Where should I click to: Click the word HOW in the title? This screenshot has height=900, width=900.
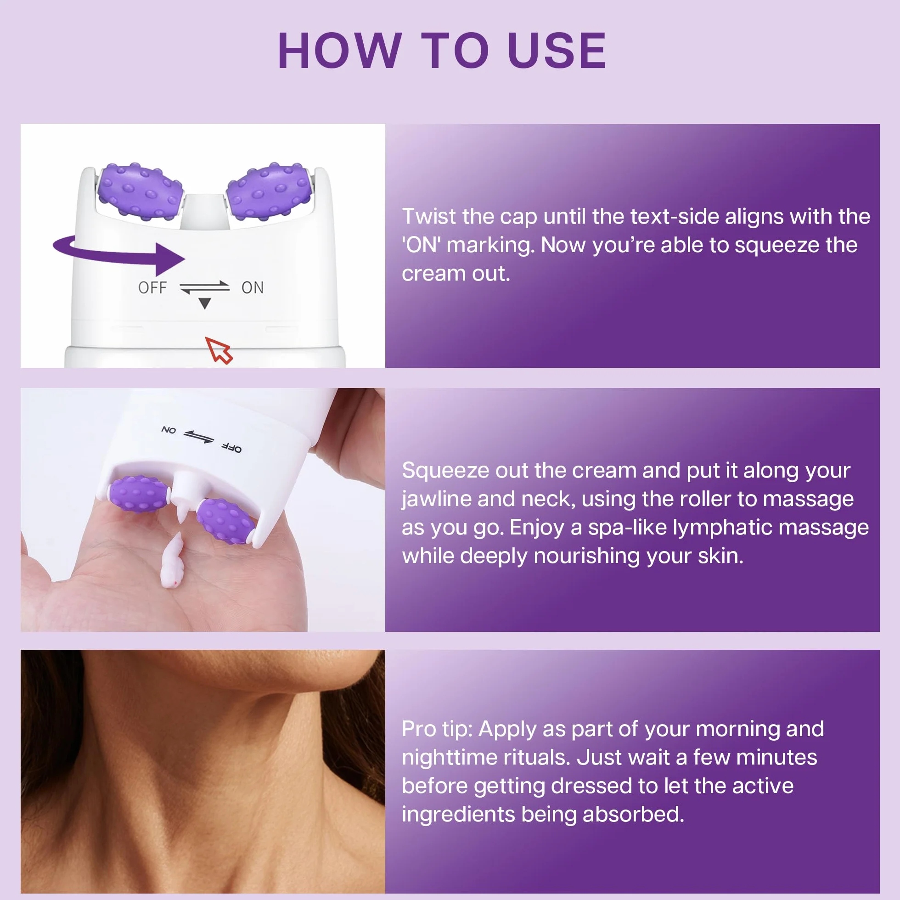coord(339,51)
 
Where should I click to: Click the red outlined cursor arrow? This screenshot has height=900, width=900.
coord(219,350)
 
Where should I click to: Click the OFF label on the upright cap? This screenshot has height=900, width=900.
coord(152,287)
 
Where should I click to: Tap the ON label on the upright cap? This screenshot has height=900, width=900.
coord(253,287)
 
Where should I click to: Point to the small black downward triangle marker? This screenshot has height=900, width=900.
coord(204,303)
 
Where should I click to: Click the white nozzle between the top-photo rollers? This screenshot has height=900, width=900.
coord(204,212)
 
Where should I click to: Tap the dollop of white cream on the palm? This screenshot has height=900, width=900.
coord(171,560)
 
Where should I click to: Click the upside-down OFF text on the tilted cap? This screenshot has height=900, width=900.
coord(231,448)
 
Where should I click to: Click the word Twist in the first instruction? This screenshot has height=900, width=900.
coord(429,217)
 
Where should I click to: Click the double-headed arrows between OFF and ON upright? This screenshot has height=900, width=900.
coord(204,287)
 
